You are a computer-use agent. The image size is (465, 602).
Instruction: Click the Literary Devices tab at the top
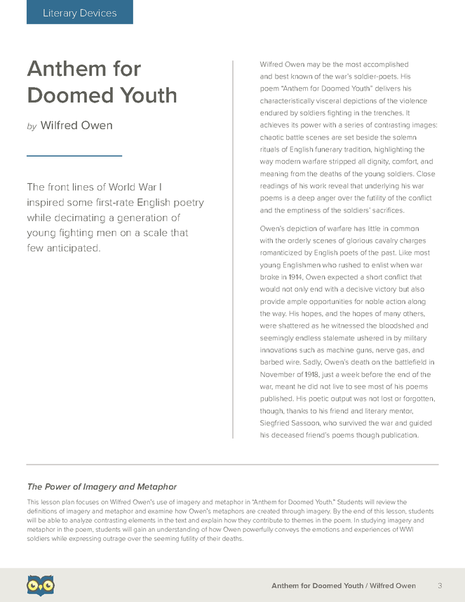(79, 13)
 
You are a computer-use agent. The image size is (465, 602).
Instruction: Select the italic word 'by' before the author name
(31, 127)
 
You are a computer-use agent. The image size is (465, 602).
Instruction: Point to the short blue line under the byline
(74, 155)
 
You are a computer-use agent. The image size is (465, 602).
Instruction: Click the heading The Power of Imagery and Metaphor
(102, 486)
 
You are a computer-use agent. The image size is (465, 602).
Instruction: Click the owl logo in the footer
(41, 584)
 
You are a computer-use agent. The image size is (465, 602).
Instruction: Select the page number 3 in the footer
(439, 585)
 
